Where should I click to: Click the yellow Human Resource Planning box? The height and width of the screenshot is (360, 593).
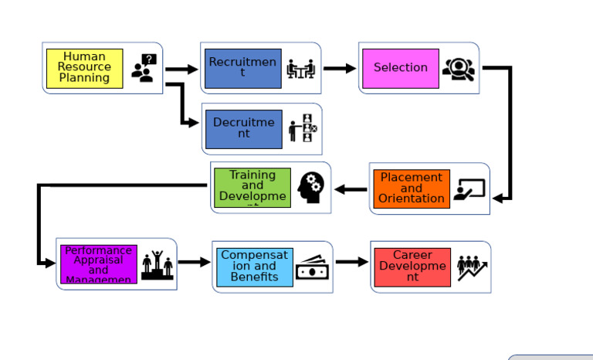point(84,68)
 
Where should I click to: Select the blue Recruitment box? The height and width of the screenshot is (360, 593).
point(242,68)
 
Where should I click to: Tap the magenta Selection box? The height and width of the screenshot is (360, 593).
point(400,68)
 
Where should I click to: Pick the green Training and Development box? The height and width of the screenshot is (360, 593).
point(252,188)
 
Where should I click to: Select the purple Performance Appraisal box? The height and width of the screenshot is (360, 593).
point(98,264)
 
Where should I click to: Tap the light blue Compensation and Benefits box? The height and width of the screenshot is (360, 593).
point(255,267)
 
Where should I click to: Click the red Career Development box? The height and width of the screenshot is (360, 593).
point(412,267)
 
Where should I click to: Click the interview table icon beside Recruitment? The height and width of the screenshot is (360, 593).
point(301,69)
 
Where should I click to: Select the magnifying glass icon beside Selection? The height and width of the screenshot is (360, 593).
point(459,70)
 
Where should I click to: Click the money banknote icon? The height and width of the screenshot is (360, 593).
point(313,267)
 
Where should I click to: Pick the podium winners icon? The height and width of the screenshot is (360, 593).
point(158,264)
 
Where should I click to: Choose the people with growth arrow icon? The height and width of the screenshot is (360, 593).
point(472,267)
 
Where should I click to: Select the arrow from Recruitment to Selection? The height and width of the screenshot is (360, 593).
point(340,69)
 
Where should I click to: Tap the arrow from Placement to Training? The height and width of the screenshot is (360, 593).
point(351,189)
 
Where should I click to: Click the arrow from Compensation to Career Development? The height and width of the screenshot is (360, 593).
point(352,263)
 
